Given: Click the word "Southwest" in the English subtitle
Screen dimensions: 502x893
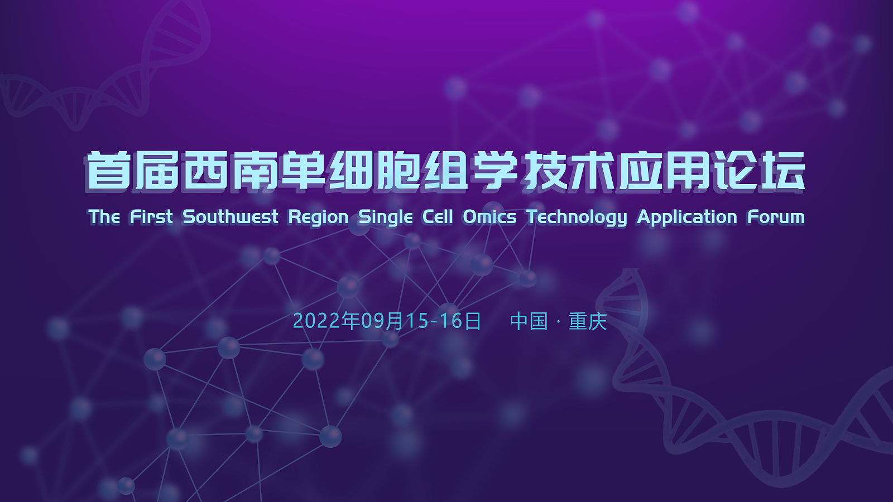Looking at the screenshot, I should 230,216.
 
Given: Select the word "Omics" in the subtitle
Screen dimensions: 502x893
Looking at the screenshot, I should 489,216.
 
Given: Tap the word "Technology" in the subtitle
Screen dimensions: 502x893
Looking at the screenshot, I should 577,216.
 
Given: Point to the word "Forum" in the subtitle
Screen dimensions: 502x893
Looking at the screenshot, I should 776,216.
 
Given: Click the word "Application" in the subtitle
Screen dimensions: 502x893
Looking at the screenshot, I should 687,216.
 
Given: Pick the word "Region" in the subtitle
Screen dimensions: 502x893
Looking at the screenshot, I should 318,216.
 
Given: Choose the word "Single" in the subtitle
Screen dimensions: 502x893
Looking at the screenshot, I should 386,216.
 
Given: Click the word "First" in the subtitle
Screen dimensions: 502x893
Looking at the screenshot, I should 151,216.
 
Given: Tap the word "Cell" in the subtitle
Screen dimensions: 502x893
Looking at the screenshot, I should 438,216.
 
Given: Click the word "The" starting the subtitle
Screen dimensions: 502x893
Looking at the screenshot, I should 104,216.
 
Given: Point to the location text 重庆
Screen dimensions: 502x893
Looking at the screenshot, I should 587,322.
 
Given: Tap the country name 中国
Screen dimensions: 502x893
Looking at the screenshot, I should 529,322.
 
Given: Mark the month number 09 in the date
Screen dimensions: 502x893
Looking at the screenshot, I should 373,321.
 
